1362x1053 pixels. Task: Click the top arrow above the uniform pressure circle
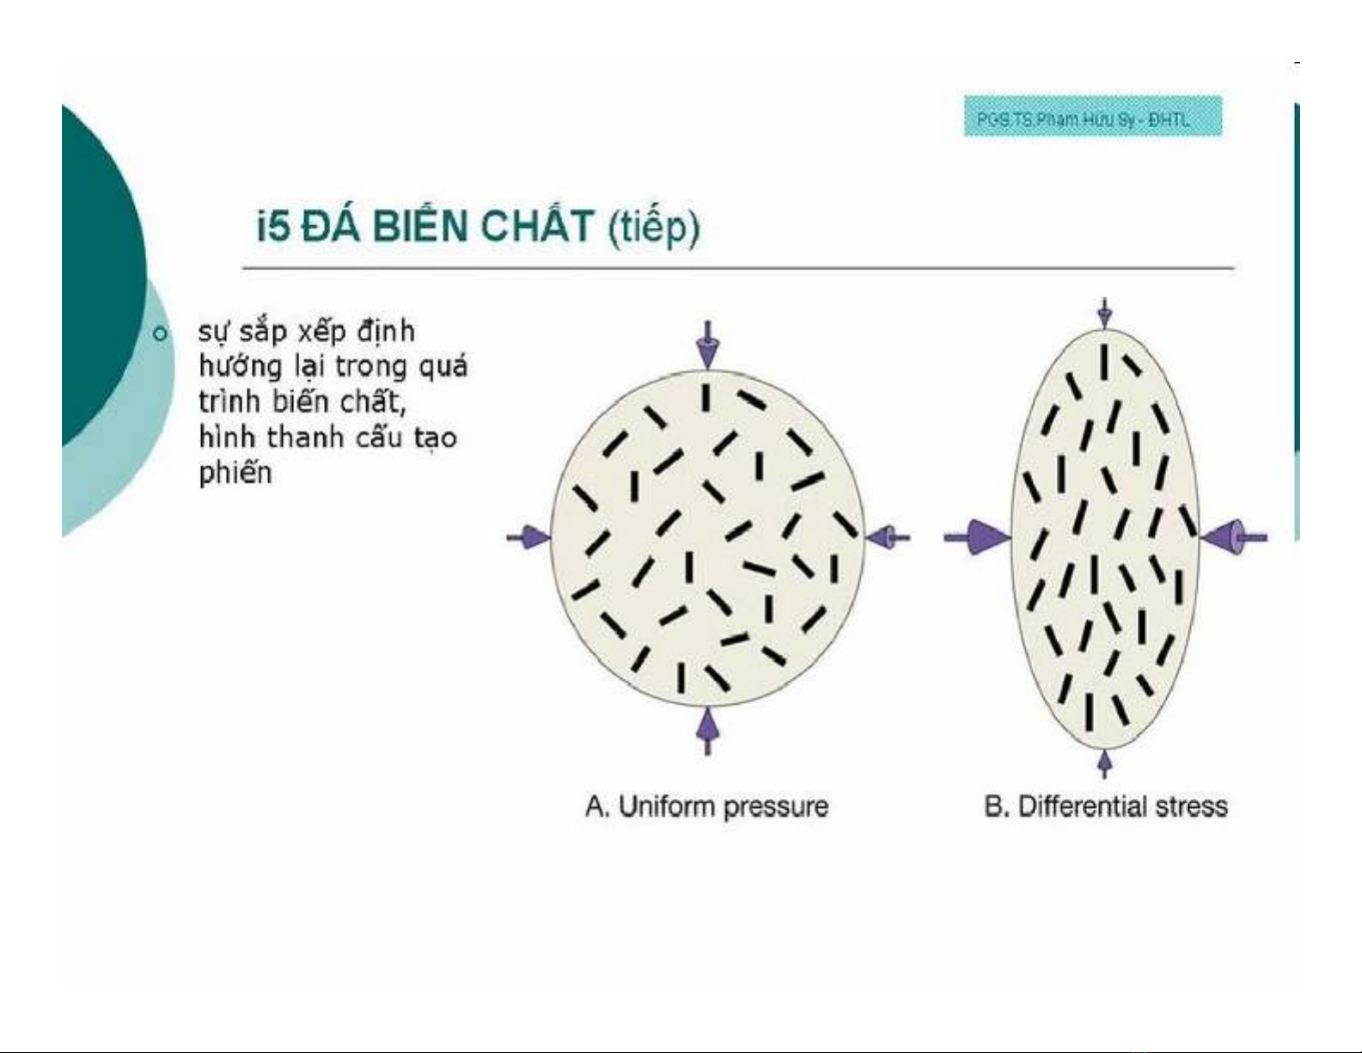707,344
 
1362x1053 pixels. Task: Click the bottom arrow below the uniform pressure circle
707,731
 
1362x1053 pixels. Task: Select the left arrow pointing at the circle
528,537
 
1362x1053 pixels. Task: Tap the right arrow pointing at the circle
888,537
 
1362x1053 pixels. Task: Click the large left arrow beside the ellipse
977,537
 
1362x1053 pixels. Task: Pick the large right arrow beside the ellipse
1233,537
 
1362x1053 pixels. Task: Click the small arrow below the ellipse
1105,764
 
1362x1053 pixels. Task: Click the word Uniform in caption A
667,806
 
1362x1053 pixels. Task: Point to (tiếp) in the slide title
654,228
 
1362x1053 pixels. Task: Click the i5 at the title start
273,227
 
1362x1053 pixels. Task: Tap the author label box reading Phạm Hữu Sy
1092,116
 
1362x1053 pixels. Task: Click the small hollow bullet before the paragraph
161,334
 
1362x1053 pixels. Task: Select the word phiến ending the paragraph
235,474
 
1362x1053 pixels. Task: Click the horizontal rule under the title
738,267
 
